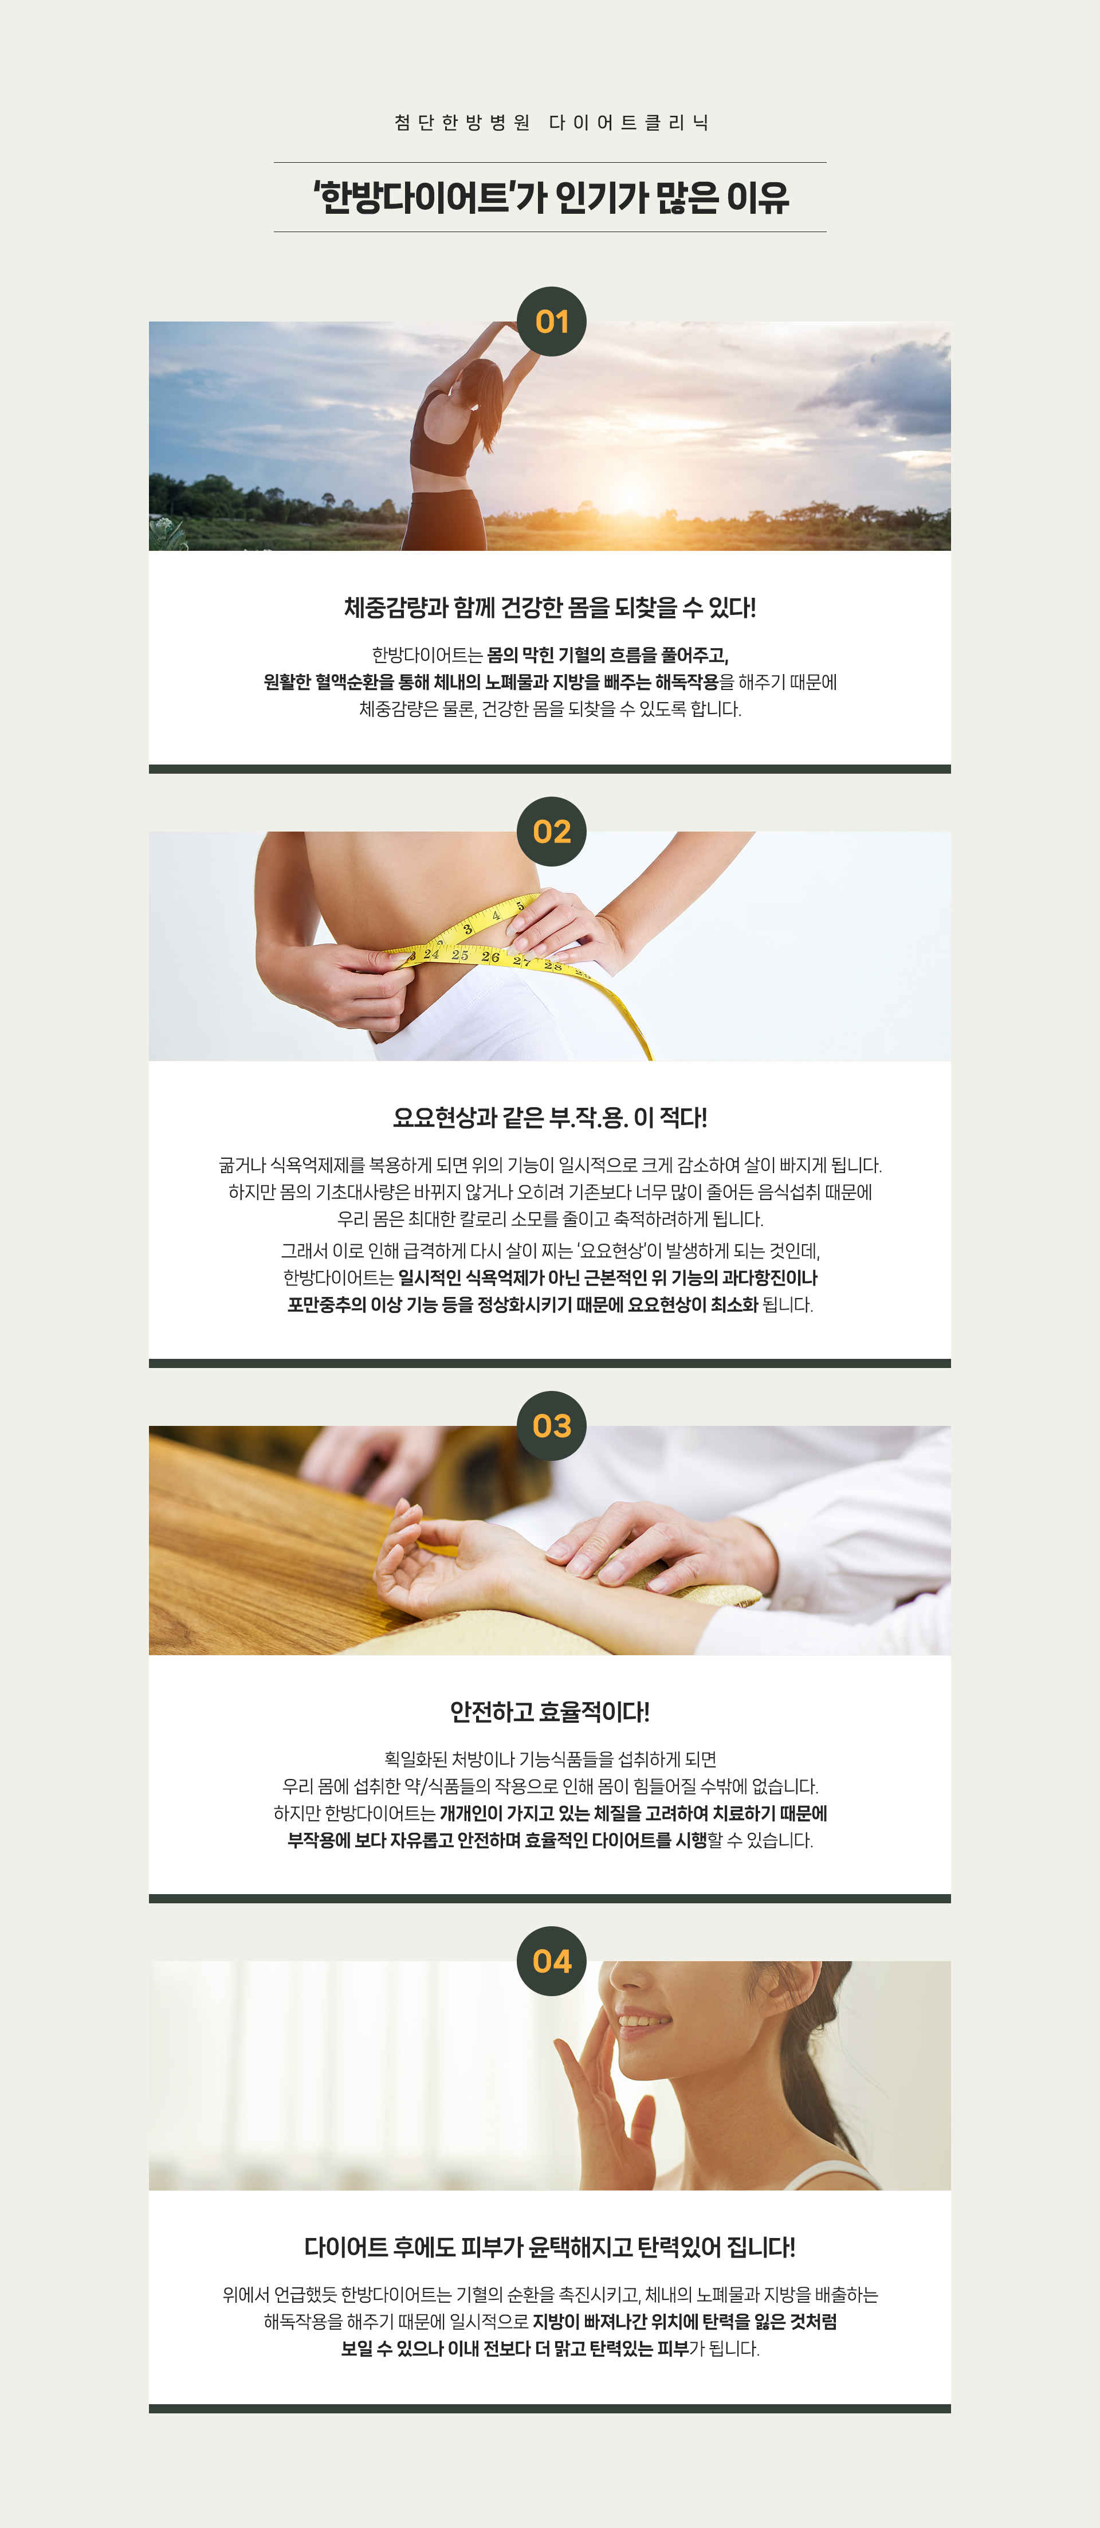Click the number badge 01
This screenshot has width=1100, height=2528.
552,321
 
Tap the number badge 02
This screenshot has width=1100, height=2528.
552,831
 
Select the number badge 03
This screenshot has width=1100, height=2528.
552,1425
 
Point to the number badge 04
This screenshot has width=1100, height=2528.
552,1961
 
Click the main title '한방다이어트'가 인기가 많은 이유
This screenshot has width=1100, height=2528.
551,197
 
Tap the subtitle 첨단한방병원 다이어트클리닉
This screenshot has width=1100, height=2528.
551,123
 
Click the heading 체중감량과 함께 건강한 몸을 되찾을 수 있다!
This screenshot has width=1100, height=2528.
549,607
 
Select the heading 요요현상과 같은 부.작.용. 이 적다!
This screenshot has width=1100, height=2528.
549,1117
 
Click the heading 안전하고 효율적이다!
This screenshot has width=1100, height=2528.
549,1711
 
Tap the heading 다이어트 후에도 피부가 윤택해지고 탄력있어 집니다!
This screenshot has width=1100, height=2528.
549,2247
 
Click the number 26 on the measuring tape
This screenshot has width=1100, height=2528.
490,956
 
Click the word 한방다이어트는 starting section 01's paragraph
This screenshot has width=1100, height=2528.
427,654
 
